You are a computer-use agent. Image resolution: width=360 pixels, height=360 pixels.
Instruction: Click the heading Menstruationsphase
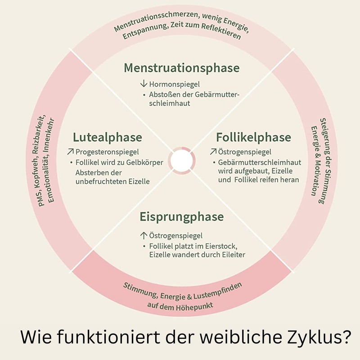(x=181, y=68)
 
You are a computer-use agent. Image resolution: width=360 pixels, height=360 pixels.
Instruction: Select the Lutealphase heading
(x=107, y=137)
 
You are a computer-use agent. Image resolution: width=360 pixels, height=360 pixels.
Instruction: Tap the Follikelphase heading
(x=253, y=137)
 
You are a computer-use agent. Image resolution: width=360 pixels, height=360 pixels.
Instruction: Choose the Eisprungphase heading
(x=181, y=217)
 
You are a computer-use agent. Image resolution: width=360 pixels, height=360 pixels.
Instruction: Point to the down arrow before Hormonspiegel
(x=144, y=84)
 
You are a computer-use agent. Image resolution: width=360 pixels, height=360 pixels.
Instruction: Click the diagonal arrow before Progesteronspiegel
(x=70, y=152)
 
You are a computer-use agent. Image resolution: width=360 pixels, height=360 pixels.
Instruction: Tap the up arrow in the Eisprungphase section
(x=144, y=235)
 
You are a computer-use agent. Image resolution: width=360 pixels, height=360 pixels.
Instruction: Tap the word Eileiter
(x=232, y=255)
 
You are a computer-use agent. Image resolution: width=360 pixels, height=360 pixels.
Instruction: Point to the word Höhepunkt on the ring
(x=194, y=306)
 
